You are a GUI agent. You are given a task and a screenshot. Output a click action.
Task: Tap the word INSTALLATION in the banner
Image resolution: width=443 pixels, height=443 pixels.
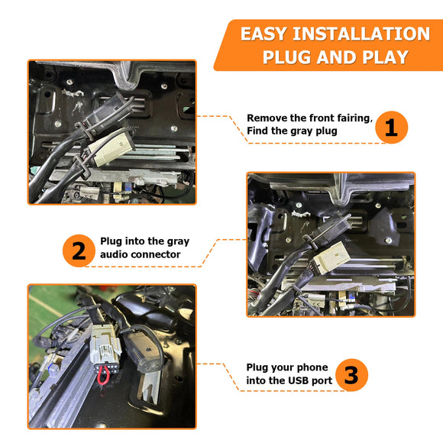tap(361, 34)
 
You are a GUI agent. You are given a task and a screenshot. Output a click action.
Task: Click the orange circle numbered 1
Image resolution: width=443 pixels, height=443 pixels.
tap(391, 128)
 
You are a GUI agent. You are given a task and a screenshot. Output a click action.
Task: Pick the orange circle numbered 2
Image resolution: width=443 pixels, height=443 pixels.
tap(79, 251)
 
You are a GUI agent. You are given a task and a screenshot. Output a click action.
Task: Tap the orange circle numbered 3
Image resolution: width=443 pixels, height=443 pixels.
tap(352, 375)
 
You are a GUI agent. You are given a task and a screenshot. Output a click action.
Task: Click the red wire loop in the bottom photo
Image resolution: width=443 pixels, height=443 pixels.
tap(103, 376)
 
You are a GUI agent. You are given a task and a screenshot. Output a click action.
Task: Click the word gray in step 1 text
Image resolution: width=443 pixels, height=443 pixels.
tap(304, 131)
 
